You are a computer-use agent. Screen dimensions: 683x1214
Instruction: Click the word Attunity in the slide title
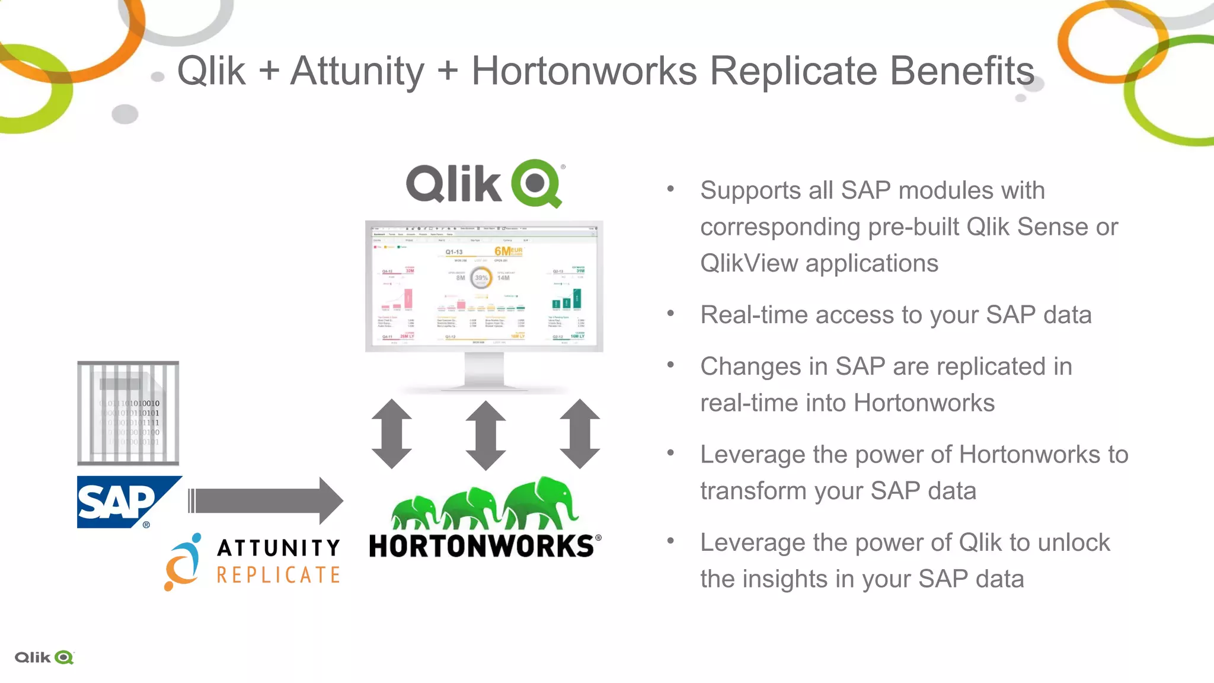click(x=357, y=72)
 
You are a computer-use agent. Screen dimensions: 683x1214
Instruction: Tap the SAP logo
click(x=122, y=502)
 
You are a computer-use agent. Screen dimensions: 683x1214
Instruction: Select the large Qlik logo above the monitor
click(x=484, y=183)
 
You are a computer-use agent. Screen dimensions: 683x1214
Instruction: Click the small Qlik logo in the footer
click(x=44, y=658)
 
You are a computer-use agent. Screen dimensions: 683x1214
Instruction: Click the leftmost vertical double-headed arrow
click(x=392, y=434)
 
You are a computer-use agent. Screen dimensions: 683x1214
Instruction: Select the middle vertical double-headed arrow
click(x=485, y=435)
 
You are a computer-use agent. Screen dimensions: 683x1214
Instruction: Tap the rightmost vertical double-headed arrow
click(x=579, y=434)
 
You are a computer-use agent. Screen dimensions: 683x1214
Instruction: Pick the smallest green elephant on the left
click(x=415, y=513)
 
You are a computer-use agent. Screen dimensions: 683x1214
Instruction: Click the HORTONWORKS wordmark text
click(x=481, y=546)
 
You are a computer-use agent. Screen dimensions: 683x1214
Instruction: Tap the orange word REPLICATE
click(x=278, y=575)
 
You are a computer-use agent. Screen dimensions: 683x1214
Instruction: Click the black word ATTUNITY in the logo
click(x=278, y=548)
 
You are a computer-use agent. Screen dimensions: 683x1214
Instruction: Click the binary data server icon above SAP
click(x=128, y=413)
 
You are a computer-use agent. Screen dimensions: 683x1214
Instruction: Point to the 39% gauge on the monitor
click(x=481, y=277)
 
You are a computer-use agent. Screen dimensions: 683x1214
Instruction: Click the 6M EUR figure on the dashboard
click(x=508, y=251)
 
